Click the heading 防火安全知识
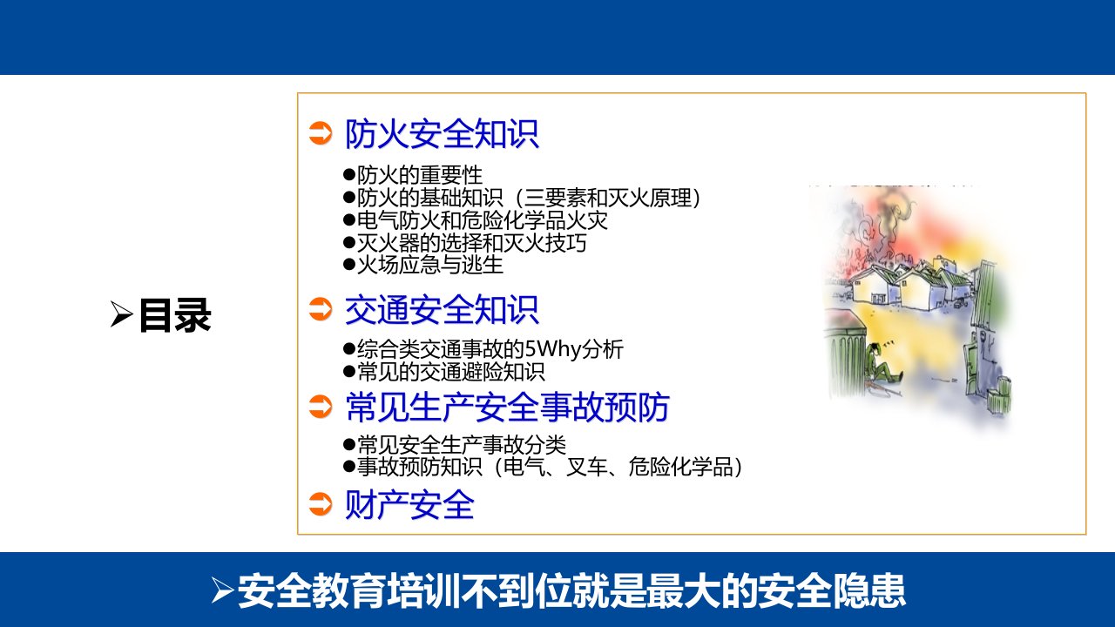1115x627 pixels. click(442, 134)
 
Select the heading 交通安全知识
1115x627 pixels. click(442, 309)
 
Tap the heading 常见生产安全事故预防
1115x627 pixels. click(507, 408)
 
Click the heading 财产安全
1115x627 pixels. click(409, 504)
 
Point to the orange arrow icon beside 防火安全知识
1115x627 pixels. click(320, 133)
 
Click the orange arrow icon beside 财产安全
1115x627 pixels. click(320, 503)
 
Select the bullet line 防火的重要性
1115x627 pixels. click(413, 175)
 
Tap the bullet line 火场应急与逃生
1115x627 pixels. click(423, 265)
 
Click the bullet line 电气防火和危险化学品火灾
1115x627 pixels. click(476, 220)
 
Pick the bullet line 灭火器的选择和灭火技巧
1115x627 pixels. click(465, 243)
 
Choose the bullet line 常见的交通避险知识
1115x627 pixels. click(444, 372)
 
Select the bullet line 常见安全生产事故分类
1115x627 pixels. click(455, 444)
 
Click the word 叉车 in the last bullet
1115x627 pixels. click(586, 467)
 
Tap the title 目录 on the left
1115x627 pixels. click(175, 315)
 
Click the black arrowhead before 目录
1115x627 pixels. click(121, 314)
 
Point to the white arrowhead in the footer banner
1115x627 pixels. click(222, 590)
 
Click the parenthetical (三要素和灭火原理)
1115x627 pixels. click(607, 198)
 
